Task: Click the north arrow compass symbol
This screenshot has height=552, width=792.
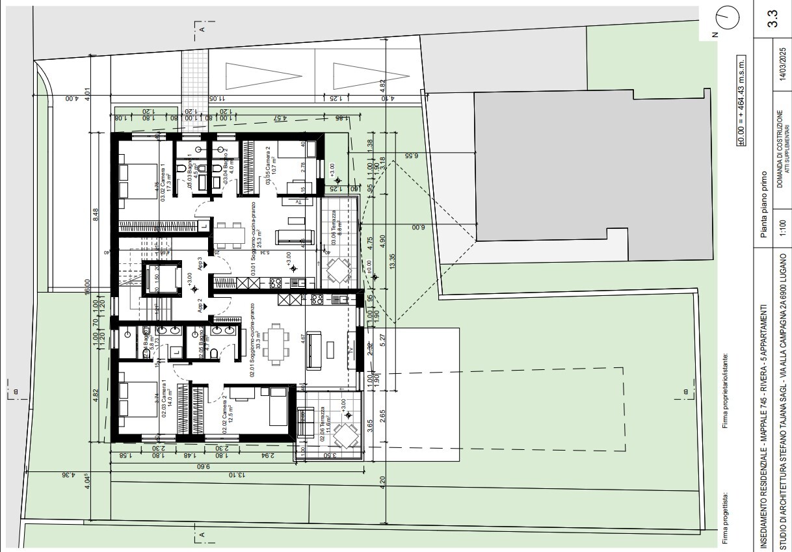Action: (x=727, y=20)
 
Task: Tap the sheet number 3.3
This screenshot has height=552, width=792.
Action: (x=772, y=18)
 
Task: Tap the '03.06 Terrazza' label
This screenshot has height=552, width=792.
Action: (x=334, y=228)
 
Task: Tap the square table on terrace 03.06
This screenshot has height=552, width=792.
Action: (x=338, y=267)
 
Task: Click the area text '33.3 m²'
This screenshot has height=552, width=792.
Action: (x=258, y=341)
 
